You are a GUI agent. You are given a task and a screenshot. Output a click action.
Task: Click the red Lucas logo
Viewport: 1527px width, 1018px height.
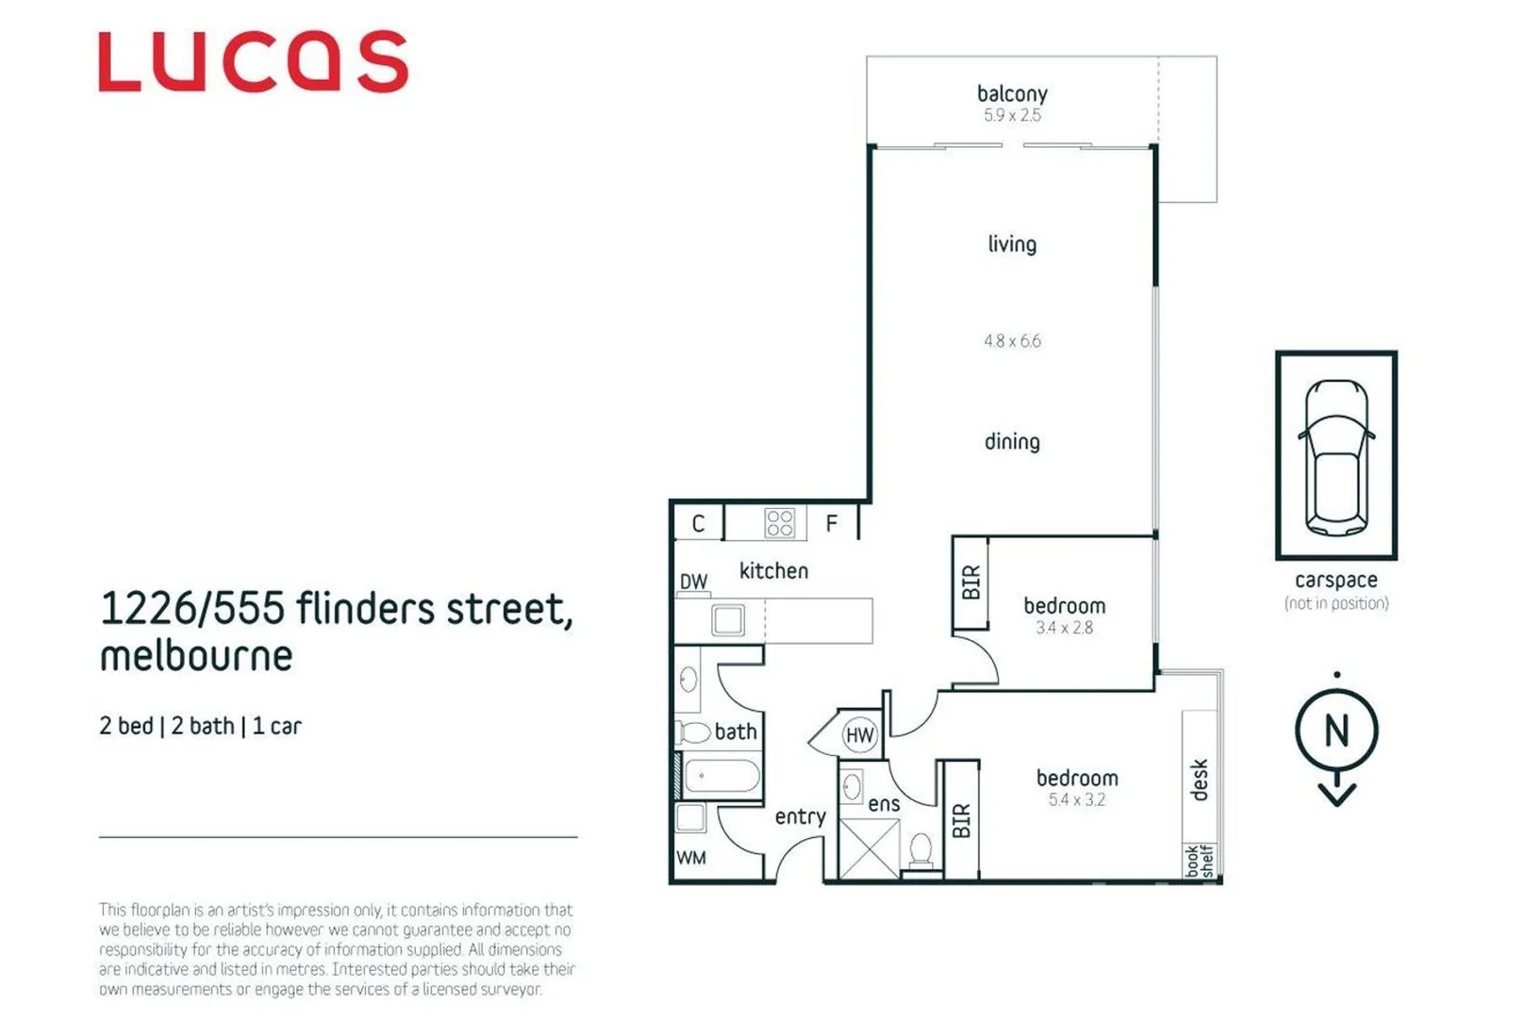(x=253, y=62)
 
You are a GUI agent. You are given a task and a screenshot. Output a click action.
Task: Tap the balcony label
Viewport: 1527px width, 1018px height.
(x=1012, y=93)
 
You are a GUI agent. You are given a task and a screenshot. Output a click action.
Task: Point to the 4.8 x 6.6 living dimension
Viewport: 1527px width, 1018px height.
(x=1012, y=341)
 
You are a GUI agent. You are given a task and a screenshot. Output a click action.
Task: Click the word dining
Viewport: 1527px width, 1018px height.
(x=1012, y=441)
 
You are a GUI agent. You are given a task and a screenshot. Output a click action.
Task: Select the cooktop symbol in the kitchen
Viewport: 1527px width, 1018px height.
(x=780, y=523)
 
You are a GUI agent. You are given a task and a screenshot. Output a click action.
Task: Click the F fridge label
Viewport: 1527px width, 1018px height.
(x=831, y=523)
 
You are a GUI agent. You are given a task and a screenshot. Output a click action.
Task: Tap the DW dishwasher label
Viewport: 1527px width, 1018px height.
(x=693, y=582)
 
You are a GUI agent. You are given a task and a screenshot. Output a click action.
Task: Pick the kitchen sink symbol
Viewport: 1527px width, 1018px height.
(x=728, y=620)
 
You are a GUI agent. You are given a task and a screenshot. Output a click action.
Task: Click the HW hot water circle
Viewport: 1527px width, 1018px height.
(x=859, y=735)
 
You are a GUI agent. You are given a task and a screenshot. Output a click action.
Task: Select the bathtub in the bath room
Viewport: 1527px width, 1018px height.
(x=722, y=777)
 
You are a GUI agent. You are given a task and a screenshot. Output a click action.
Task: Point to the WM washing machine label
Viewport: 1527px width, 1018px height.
(x=691, y=858)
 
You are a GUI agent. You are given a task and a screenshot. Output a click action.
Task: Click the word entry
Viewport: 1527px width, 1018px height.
(x=800, y=816)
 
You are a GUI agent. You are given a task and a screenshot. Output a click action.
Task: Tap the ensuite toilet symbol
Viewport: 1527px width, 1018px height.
(x=921, y=849)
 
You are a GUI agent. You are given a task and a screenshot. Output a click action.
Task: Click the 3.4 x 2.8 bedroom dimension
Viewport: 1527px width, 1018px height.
(x=1064, y=628)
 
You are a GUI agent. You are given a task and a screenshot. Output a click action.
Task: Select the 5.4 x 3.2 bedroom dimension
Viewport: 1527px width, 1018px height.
(x=1076, y=800)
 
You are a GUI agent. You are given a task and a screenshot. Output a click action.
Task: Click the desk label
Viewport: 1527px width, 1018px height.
(x=1199, y=780)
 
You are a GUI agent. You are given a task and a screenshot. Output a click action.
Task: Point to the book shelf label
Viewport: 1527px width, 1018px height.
(x=1200, y=861)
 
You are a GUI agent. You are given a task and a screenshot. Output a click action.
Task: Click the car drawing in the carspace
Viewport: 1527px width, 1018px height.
(x=1336, y=455)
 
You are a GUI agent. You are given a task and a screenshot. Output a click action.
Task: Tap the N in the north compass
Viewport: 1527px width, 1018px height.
(x=1336, y=731)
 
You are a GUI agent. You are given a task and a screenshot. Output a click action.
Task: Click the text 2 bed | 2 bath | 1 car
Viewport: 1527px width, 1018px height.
(x=200, y=726)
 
